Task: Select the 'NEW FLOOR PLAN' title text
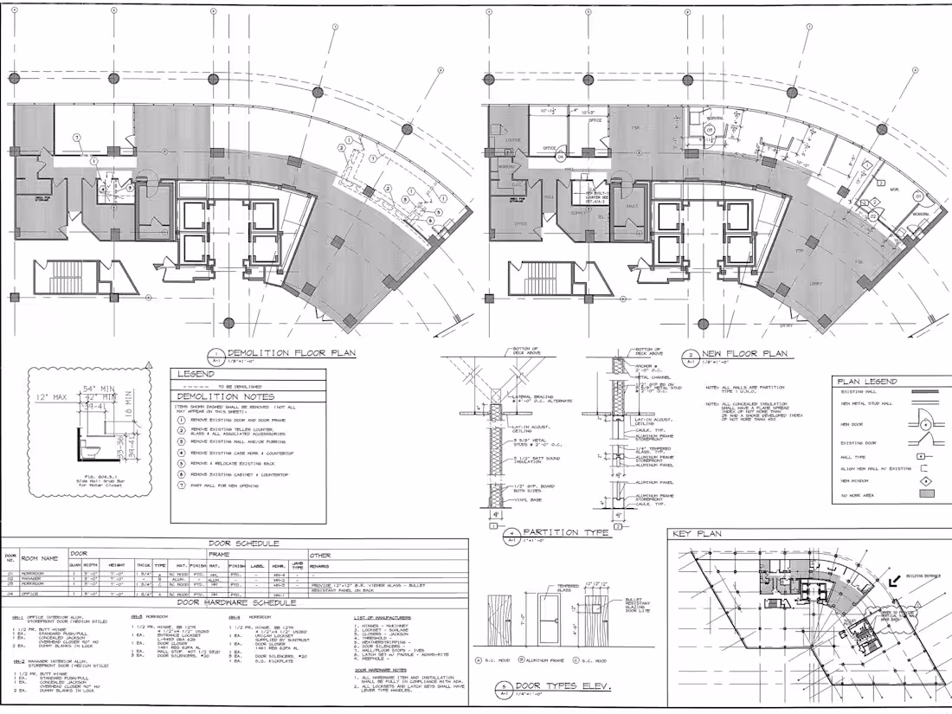[x=744, y=353]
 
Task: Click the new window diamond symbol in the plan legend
[x=923, y=479]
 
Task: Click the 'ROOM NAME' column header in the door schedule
[x=41, y=559]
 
